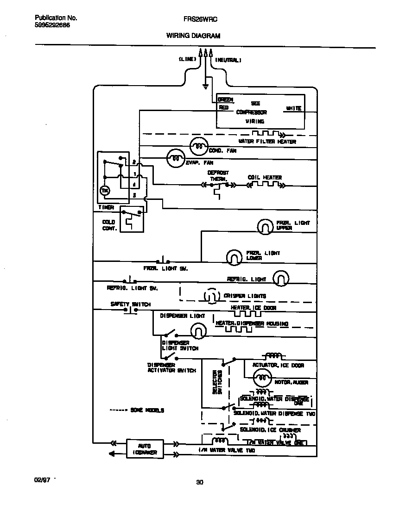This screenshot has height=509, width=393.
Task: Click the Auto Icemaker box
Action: pos(145,448)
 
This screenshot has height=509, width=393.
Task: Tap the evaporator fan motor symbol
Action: pos(175,158)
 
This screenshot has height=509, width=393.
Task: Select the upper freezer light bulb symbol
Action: pos(265,226)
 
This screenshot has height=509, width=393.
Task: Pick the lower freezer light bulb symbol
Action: pos(234,256)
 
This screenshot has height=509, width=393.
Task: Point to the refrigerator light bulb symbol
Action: pos(280,279)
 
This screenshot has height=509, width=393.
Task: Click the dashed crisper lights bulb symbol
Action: pos(211,296)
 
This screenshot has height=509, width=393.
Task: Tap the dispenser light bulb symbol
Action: pos(198,330)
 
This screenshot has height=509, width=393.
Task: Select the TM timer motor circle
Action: pos(105,191)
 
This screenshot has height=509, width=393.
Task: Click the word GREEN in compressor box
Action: pos(225,99)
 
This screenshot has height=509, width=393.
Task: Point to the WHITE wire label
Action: pos(293,108)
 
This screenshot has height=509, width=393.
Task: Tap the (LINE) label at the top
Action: pos(187,60)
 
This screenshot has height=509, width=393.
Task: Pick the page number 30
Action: pos(199,482)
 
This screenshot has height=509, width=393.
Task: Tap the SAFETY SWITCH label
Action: pos(130,304)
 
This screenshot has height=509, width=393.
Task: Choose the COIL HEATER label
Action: pos(265,177)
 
